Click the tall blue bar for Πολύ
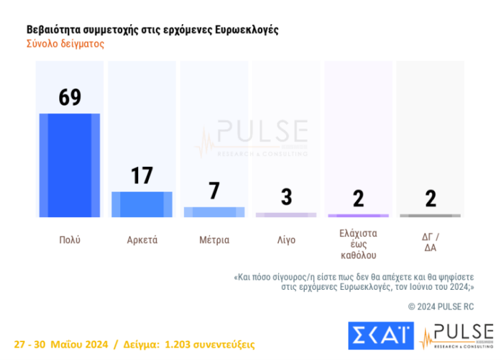(69, 165)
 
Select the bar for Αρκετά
(141, 205)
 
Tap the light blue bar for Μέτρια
(214, 212)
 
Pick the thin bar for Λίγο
(286, 215)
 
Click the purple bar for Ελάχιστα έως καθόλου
(358, 216)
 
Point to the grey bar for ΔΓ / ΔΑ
(431, 216)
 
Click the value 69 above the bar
(69, 97)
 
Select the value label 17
(141, 176)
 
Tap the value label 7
(214, 191)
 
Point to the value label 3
(286, 196)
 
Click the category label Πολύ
(69, 240)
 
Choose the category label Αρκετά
(142, 240)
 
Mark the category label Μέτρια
(214, 240)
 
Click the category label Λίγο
(286, 240)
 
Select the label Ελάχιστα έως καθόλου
(358, 244)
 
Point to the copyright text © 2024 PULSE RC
(441, 306)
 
